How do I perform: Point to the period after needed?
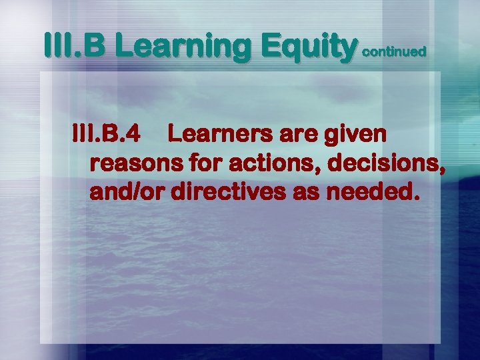point(417,199)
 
